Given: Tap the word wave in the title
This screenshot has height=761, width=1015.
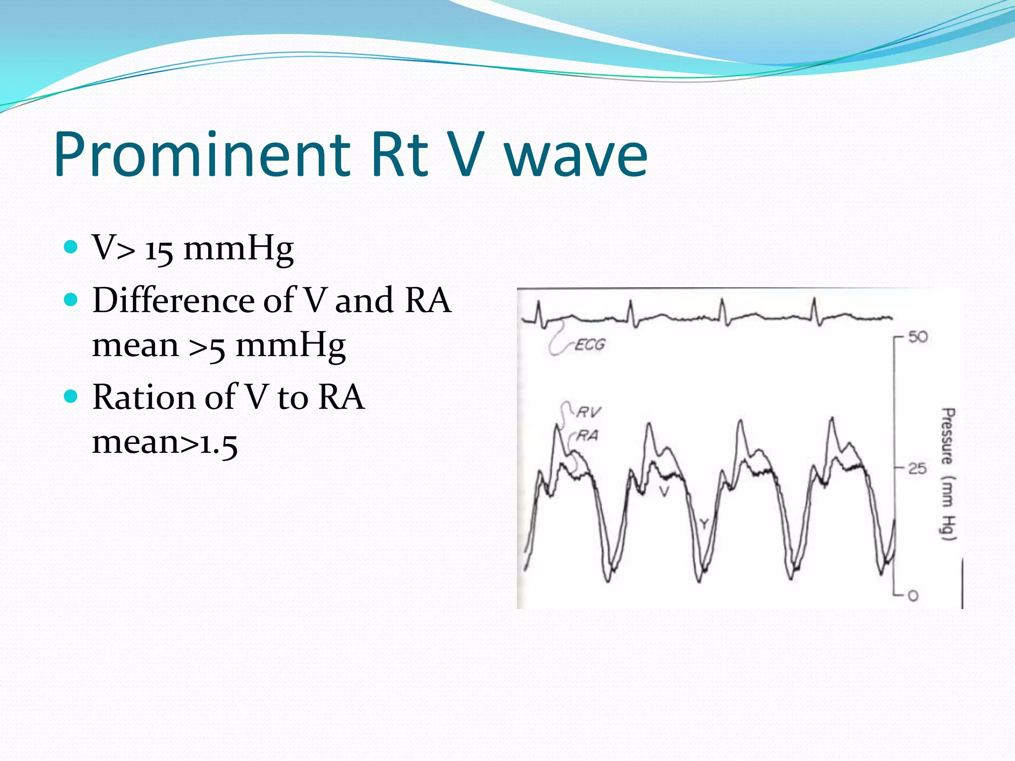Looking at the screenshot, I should point(576,155).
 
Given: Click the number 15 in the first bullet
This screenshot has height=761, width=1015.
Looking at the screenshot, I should point(159,249).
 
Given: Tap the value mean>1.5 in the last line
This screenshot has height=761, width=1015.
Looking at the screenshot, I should point(165,442).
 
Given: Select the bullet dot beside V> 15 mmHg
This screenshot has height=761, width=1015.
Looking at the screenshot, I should point(71,247).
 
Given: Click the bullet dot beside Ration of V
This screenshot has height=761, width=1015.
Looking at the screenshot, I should point(71,396).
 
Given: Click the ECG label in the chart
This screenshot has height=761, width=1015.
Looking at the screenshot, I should point(589,345).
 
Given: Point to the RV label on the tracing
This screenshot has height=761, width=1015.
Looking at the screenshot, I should point(588,412).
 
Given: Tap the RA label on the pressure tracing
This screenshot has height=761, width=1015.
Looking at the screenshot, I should point(588,435).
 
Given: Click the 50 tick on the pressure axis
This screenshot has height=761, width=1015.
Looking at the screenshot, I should point(917,337).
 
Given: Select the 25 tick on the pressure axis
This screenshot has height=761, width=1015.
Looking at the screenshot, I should point(917,468).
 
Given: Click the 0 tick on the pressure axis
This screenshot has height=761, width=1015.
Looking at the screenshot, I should point(913,596).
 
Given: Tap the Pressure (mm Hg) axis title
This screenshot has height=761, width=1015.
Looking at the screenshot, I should point(948,474).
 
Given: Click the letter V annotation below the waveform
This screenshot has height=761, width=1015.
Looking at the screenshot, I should point(664,491).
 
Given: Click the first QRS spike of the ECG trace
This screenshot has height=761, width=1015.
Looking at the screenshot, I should point(538,312).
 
